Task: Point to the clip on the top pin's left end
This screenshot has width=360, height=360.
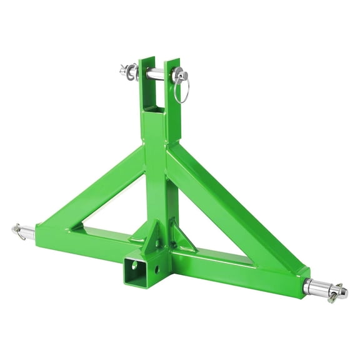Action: click(x=127, y=71)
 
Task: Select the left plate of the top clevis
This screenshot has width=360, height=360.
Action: click(x=147, y=84)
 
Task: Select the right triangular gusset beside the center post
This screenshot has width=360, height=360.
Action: click(x=182, y=238)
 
